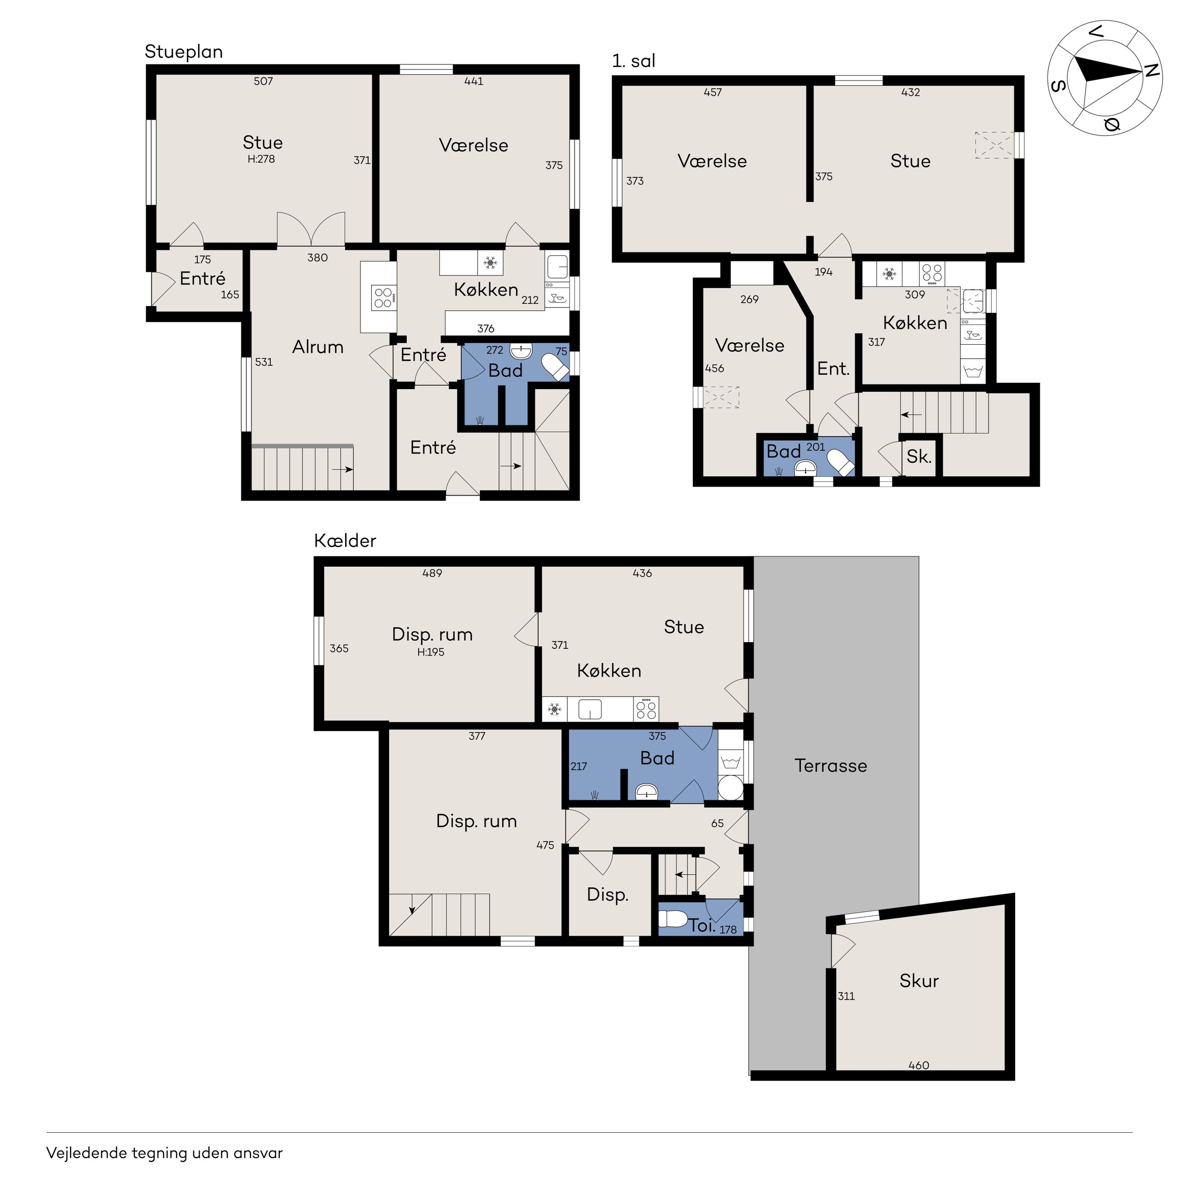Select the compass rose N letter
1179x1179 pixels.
pos(1151,70)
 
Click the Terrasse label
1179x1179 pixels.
pos(831,766)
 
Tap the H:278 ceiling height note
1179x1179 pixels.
pos(261,159)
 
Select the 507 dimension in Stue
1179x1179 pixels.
pos(263,81)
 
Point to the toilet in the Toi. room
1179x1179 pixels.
pos(673,919)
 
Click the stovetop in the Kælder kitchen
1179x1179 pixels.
pos(646,709)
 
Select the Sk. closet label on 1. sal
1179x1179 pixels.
pos(919,457)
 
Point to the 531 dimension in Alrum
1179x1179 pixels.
pos(263,362)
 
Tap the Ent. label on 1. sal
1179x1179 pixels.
pos(833,369)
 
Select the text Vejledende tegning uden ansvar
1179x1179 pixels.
pos(165,1153)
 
